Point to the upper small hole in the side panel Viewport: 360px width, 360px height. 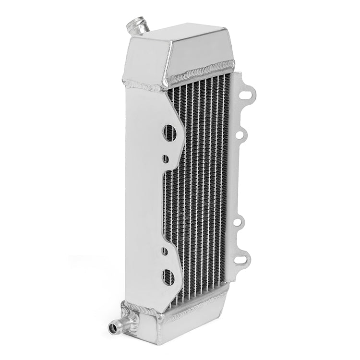165,157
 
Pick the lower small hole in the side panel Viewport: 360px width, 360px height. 165,250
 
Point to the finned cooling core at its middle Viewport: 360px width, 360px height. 202,192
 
